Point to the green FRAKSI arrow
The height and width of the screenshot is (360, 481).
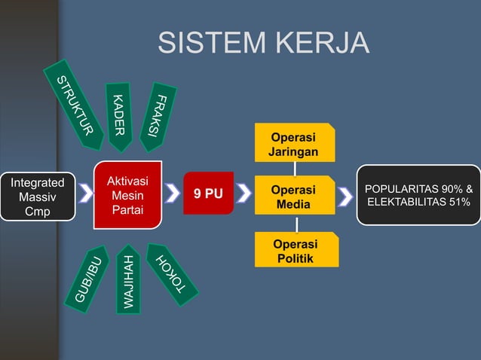(x=158, y=114)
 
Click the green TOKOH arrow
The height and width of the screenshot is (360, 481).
(x=170, y=274)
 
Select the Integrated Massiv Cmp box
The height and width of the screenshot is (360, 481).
(x=38, y=197)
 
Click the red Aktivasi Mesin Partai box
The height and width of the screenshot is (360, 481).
(x=127, y=194)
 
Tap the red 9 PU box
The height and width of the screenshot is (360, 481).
(x=208, y=194)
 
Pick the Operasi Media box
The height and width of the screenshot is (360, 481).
(x=294, y=197)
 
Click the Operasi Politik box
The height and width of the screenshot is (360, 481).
(x=294, y=251)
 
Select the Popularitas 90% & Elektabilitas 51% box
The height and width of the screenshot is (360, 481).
(x=418, y=195)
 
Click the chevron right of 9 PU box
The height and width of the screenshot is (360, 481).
(x=244, y=195)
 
